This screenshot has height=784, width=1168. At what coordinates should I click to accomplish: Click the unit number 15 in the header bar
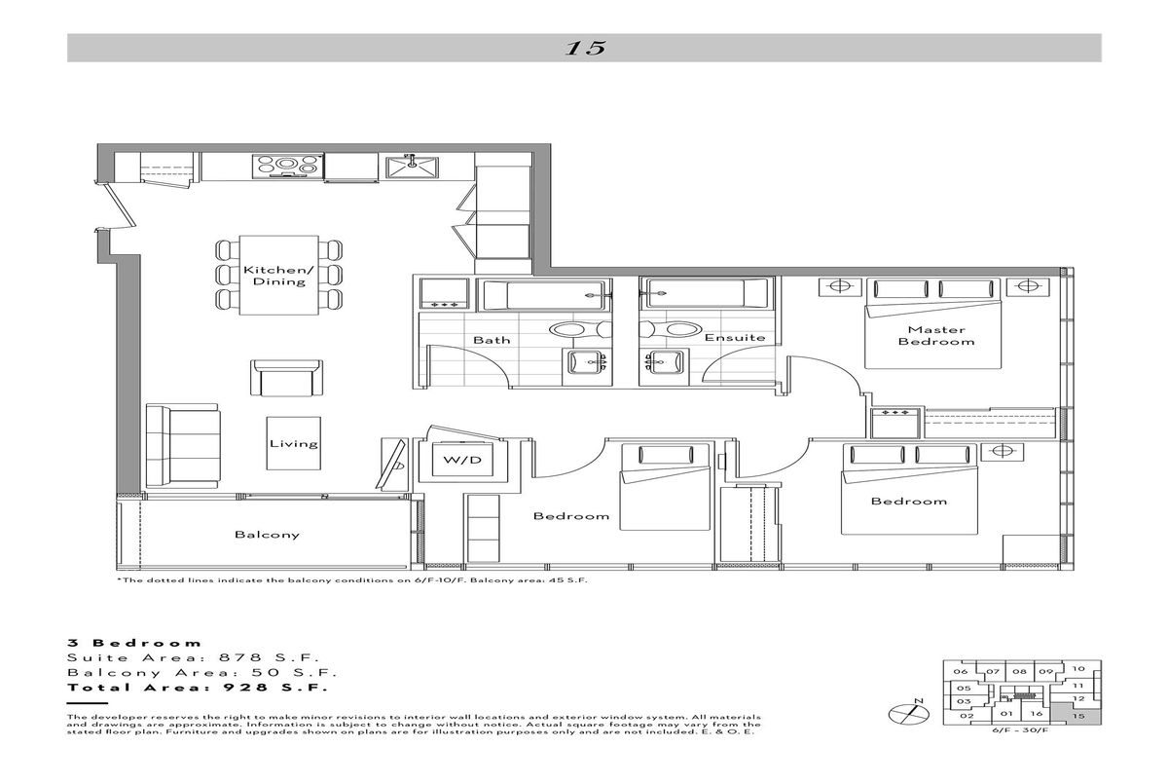(x=585, y=48)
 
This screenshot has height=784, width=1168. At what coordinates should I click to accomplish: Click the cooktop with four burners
(x=287, y=167)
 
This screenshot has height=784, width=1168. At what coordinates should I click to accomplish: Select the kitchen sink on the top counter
(x=412, y=167)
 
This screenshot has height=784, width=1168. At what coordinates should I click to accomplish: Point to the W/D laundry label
(x=462, y=460)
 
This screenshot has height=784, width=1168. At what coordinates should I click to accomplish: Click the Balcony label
(x=267, y=535)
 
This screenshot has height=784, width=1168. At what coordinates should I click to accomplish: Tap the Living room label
(x=294, y=444)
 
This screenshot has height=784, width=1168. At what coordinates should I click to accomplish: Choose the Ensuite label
(x=735, y=338)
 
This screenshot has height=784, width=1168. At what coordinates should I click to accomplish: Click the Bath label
(x=492, y=340)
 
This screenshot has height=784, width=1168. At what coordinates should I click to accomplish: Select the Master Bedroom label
(x=936, y=335)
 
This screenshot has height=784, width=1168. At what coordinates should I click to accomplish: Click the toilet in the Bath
(x=579, y=329)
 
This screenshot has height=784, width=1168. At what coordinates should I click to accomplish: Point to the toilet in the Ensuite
(x=670, y=328)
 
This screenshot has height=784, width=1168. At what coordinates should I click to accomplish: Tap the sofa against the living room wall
(x=182, y=446)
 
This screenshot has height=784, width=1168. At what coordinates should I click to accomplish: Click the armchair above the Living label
(x=286, y=378)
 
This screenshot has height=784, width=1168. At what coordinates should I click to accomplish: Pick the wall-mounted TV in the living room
(x=391, y=465)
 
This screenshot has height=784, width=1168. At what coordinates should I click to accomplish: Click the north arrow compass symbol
(x=909, y=713)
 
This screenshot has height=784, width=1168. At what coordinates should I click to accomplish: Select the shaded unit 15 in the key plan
(x=1077, y=714)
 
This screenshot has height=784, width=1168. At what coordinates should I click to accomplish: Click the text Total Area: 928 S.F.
(x=198, y=688)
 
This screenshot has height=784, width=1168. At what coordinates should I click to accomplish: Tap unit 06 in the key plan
(x=960, y=672)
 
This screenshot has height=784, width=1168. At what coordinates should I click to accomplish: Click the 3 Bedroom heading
(x=134, y=643)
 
